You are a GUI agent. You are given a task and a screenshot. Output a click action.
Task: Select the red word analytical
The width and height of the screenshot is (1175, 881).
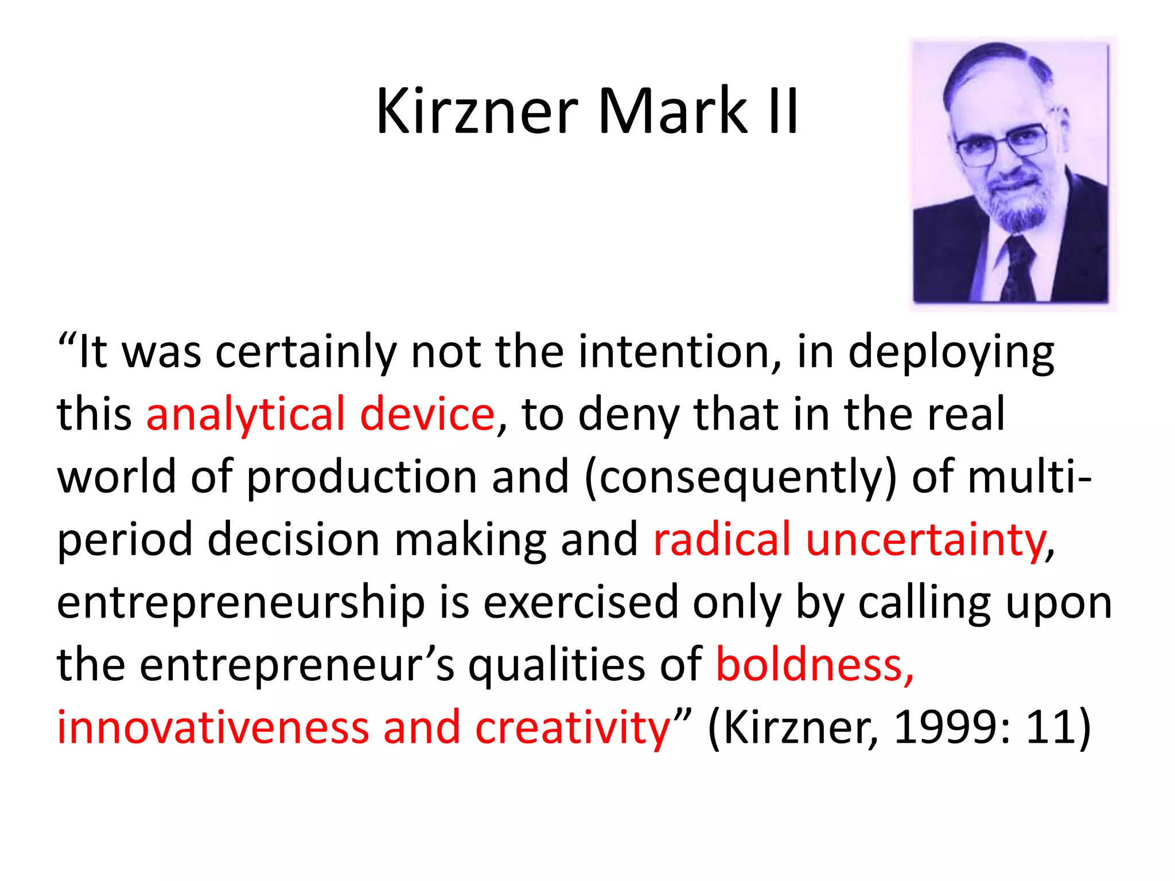tap(246, 414)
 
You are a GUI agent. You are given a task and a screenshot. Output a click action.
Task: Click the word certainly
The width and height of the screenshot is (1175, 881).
tap(306, 352)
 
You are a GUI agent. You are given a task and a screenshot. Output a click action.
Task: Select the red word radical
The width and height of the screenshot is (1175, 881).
tap(722, 539)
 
